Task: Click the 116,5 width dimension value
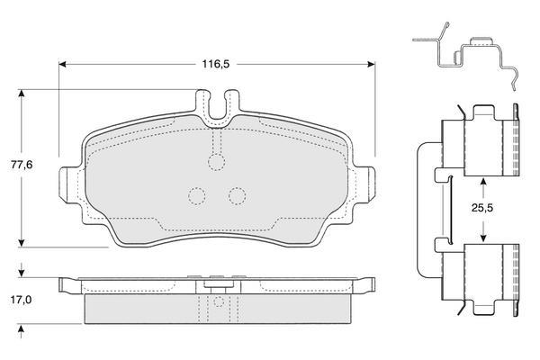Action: click(216, 64)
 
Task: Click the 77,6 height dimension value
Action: click(22, 165)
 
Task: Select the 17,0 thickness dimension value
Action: click(21, 300)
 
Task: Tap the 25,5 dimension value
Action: click(482, 208)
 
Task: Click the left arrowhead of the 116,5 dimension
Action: click(62, 64)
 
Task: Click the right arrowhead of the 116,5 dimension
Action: click(372, 64)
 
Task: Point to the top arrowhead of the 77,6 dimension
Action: click(22, 94)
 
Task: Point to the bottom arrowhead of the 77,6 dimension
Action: click(22, 243)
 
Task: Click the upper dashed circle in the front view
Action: click(217, 163)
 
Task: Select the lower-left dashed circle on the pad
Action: click(197, 196)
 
